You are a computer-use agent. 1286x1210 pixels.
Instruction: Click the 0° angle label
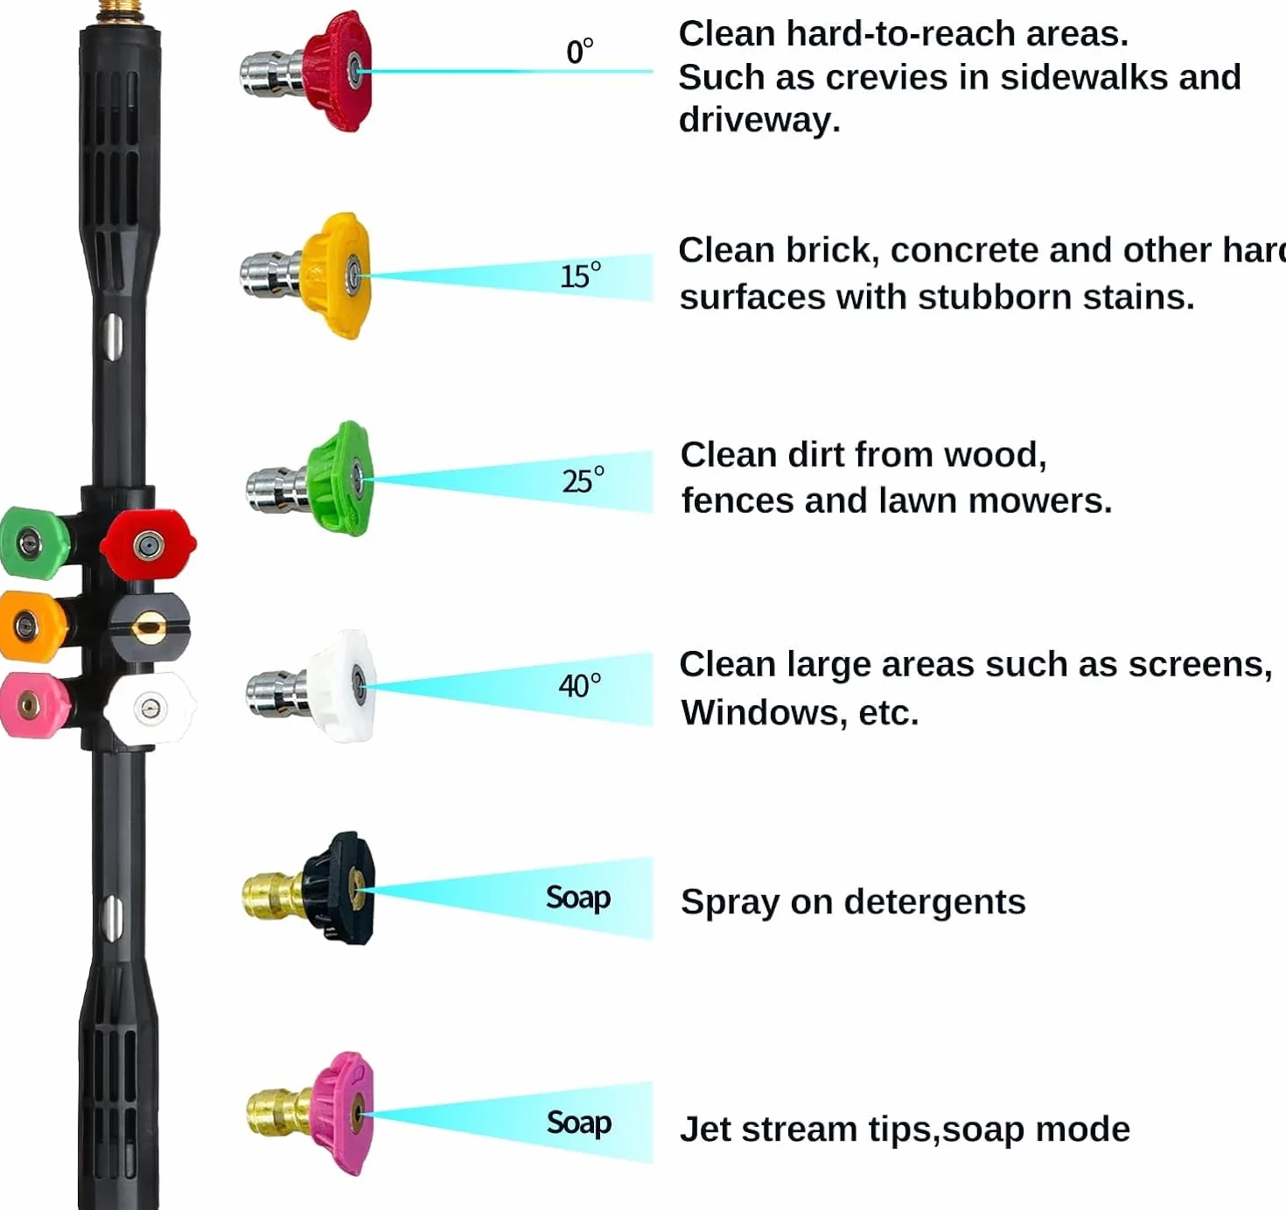579,51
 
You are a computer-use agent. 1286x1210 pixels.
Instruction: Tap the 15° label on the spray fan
580,276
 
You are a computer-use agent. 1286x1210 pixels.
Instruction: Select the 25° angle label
583,480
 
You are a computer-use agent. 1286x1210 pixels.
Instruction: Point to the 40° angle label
579,685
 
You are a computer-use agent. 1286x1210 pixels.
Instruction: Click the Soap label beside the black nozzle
578,899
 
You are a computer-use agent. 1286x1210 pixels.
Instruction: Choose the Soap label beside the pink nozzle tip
579,1123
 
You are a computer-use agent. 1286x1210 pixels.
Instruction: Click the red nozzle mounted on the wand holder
149,544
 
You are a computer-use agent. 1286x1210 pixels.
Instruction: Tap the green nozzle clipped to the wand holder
32,542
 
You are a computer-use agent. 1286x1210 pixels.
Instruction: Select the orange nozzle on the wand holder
31,626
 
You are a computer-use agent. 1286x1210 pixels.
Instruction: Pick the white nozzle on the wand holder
150,709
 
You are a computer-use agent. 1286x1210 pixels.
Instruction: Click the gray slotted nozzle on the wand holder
149,627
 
